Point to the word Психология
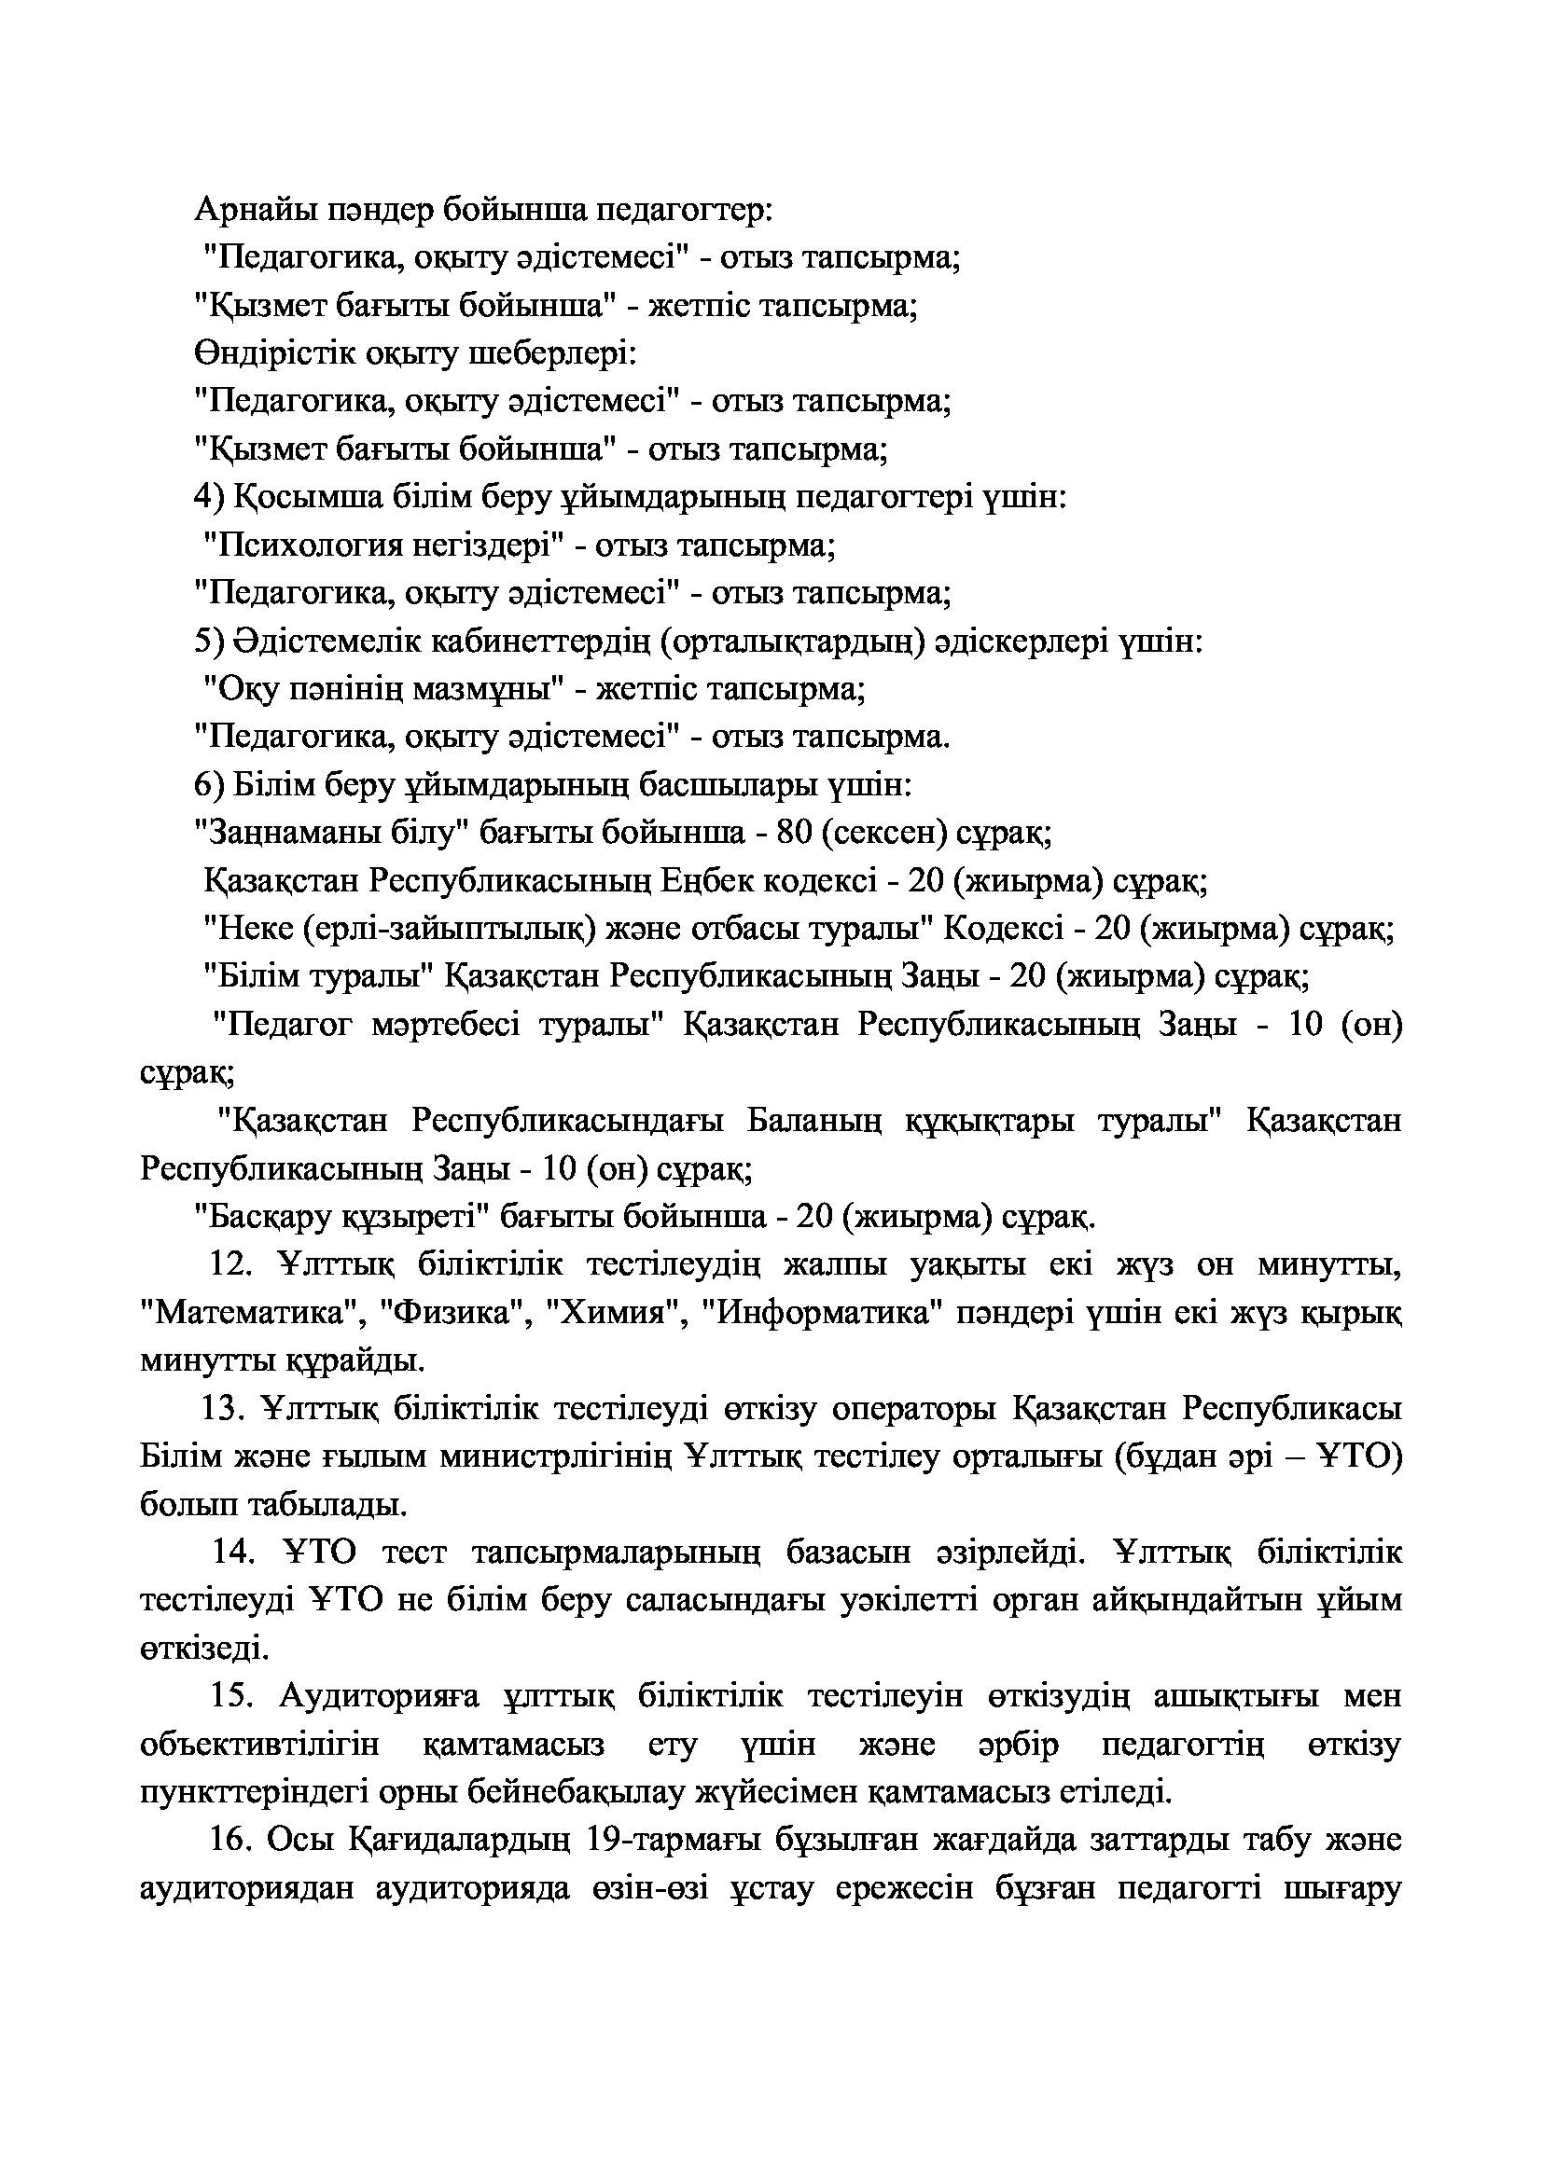(x=305, y=546)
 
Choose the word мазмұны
(x=482, y=690)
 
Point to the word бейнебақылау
(x=578, y=1793)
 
